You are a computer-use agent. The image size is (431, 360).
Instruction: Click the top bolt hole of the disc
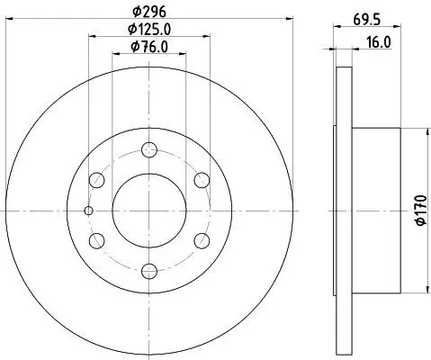pyautogui.click(x=148, y=150)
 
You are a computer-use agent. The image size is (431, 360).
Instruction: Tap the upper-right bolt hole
pyautogui.click(x=201, y=180)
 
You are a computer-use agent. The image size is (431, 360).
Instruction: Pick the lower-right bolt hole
pyautogui.click(x=201, y=239)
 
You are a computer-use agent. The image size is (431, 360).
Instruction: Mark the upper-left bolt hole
pyautogui.click(x=97, y=180)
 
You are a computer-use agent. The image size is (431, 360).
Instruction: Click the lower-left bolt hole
pyautogui.click(x=97, y=239)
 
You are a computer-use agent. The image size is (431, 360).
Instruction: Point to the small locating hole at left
pyautogui.click(x=87, y=211)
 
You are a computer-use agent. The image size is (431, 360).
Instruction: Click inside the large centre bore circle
pyautogui.click(x=148, y=210)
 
